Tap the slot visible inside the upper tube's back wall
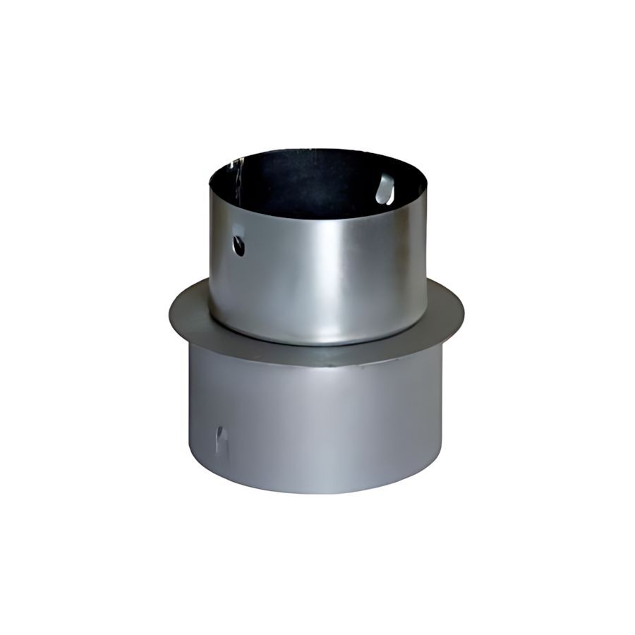tap(385, 189)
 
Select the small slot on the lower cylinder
tap(222, 439)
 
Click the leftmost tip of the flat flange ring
tap(169, 310)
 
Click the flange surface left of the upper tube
tap(189, 314)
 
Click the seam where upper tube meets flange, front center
tap(317, 344)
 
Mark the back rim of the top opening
tap(317, 150)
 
